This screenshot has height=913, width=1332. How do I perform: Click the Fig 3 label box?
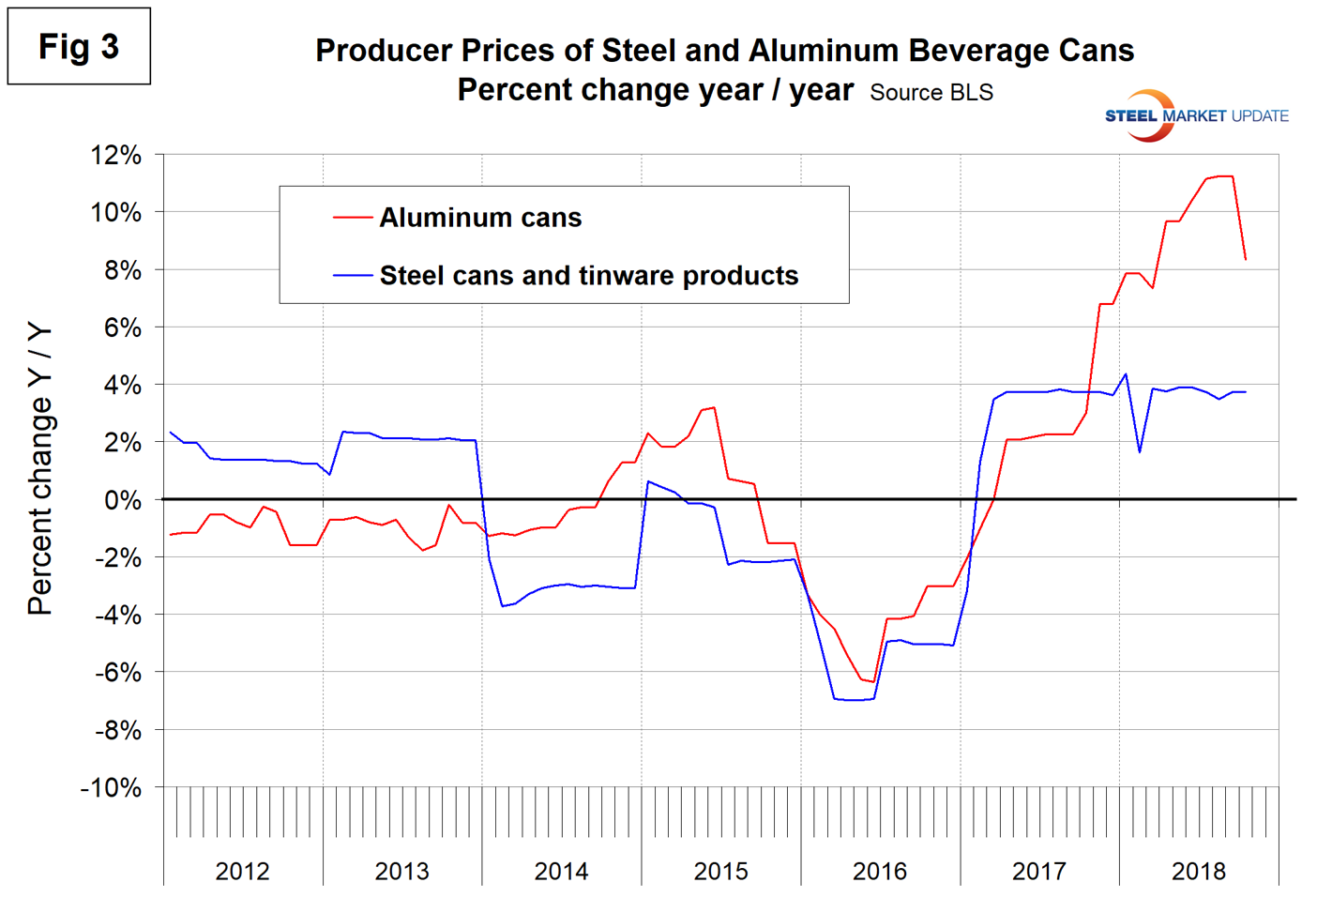pyautogui.click(x=79, y=46)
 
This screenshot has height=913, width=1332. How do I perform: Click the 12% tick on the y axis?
pyautogui.click(x=115, y=156)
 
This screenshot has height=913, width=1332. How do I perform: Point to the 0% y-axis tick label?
pyautogui.click(x=122, y=500)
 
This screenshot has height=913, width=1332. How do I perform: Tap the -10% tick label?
pyautogui.click(x=111, y=788)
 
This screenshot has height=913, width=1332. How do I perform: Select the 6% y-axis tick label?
pyautogui.click(x=122, y=328)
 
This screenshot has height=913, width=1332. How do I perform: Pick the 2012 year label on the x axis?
pyautogui.click(x=242, y=871)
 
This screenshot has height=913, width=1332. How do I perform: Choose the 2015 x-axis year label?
pyautogui.click(x=720, y=871)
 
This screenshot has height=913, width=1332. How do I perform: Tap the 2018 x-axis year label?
pyautogui.click(x=1198, y=871)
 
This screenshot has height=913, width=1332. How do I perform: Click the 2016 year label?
pyautogui.click(x=880, y=871)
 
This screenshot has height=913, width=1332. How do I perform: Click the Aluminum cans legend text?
pyautogui.click(x=480, y=218)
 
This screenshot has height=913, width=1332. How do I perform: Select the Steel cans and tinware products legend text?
pyautogui.click(x=589, y=276)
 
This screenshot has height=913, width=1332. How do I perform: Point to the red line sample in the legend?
pyautogui.click(x=353, y=218)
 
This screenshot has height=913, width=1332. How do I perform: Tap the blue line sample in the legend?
pyautogui.click(x=353, y=276)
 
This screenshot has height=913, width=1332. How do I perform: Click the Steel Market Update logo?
pyautogui.click(x=1196, y=115)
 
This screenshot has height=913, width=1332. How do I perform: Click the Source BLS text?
pyautogui.click(x=931, y=93)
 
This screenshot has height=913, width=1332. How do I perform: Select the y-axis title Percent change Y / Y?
pyautogui.click(x=39, y=469)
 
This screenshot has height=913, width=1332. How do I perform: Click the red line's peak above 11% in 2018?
pyautogui.click(x=1219, y=176)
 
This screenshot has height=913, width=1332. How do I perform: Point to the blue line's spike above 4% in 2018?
pyautogui.click(x=1125, y=374)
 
